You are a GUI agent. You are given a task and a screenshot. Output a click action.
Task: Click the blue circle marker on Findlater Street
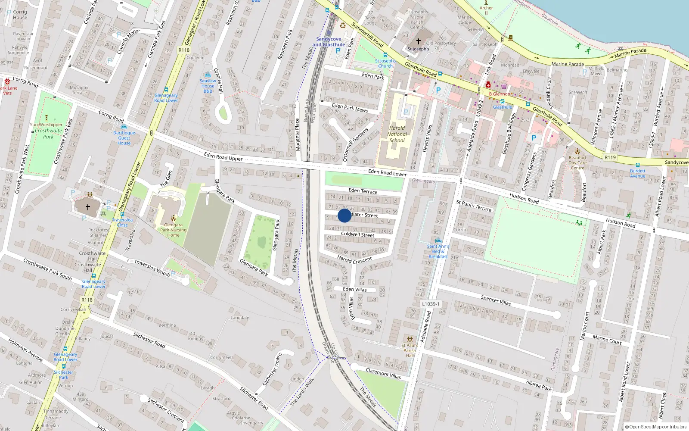(x=344, y=215)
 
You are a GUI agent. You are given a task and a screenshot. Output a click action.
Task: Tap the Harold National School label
(x=397, y=134)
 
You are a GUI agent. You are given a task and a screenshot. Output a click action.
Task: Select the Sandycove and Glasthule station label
(x=329, y=42)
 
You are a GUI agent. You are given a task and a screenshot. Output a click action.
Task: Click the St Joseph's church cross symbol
(x=418, y=41)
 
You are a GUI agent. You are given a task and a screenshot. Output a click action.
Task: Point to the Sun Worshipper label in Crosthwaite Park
(x=47, y=125)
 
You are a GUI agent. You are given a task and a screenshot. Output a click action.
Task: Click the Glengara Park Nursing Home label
(x=173, y=230)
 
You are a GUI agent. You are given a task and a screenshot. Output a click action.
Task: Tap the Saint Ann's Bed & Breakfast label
(x=438, y=251)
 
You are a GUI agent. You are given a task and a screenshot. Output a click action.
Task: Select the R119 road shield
(x=610, y=157)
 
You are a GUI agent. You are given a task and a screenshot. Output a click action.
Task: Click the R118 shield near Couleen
(x=184, y=50)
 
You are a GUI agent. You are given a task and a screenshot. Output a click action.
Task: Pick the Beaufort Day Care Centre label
(x=577, y=162)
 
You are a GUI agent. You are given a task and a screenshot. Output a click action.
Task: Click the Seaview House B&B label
(x=208, y=86)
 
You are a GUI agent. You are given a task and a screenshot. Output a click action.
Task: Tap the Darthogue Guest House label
(x=124, y=138)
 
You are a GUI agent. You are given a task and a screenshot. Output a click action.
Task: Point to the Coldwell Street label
(x=357, y=234)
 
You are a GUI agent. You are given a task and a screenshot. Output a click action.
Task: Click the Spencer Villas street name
(x=496, y=300)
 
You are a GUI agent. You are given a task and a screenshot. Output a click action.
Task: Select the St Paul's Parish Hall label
(x=410, y=350)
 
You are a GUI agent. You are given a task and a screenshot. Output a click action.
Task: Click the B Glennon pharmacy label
(x=500, y=94)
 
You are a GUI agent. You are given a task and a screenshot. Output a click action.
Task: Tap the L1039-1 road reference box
(x=431, y=304)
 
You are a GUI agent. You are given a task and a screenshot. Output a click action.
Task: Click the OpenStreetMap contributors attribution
(x=655, y=427)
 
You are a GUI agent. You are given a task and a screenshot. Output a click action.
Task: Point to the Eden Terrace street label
(x=363, y=191)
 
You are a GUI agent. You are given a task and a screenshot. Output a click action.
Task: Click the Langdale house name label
(x=239, y=318)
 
